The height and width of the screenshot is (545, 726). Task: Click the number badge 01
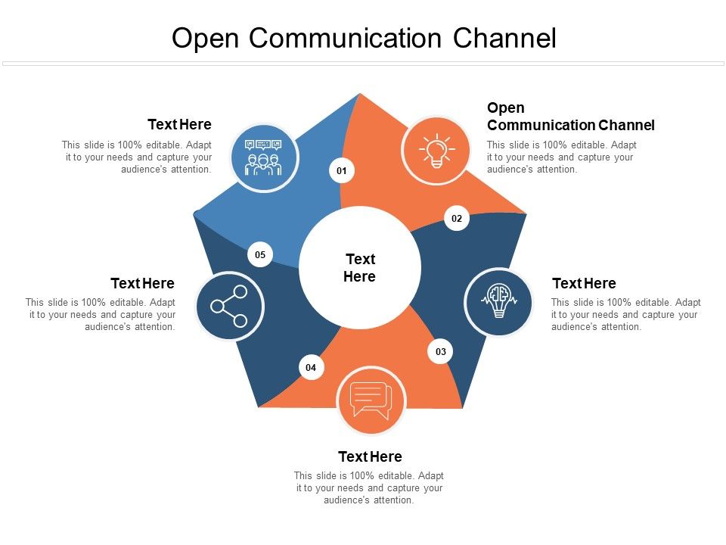click(342, 171)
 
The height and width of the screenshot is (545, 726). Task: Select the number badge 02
click(457, 219)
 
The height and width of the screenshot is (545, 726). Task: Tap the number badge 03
click(441, 351)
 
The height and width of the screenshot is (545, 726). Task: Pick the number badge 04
click(311, 368)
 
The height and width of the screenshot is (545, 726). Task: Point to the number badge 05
click(260, 255)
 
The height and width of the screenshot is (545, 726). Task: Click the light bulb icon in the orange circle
click(435, 150)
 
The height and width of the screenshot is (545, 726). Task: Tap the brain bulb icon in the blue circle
click(498, 302)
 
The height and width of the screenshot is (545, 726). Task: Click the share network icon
click(230, 307)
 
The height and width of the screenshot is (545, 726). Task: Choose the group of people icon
click(264, 157)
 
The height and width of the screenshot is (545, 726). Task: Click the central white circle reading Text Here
click(360, 268)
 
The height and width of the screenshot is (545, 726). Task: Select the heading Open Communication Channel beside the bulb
click(570, 117)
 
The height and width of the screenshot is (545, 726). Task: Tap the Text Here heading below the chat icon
click(370, 456)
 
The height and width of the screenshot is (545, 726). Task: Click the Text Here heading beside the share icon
click(142, 283)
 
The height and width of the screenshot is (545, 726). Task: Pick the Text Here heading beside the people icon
click(179, 124)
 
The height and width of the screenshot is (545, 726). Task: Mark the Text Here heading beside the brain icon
click(584, 283)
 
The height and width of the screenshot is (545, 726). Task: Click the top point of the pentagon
click(360, 95)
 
